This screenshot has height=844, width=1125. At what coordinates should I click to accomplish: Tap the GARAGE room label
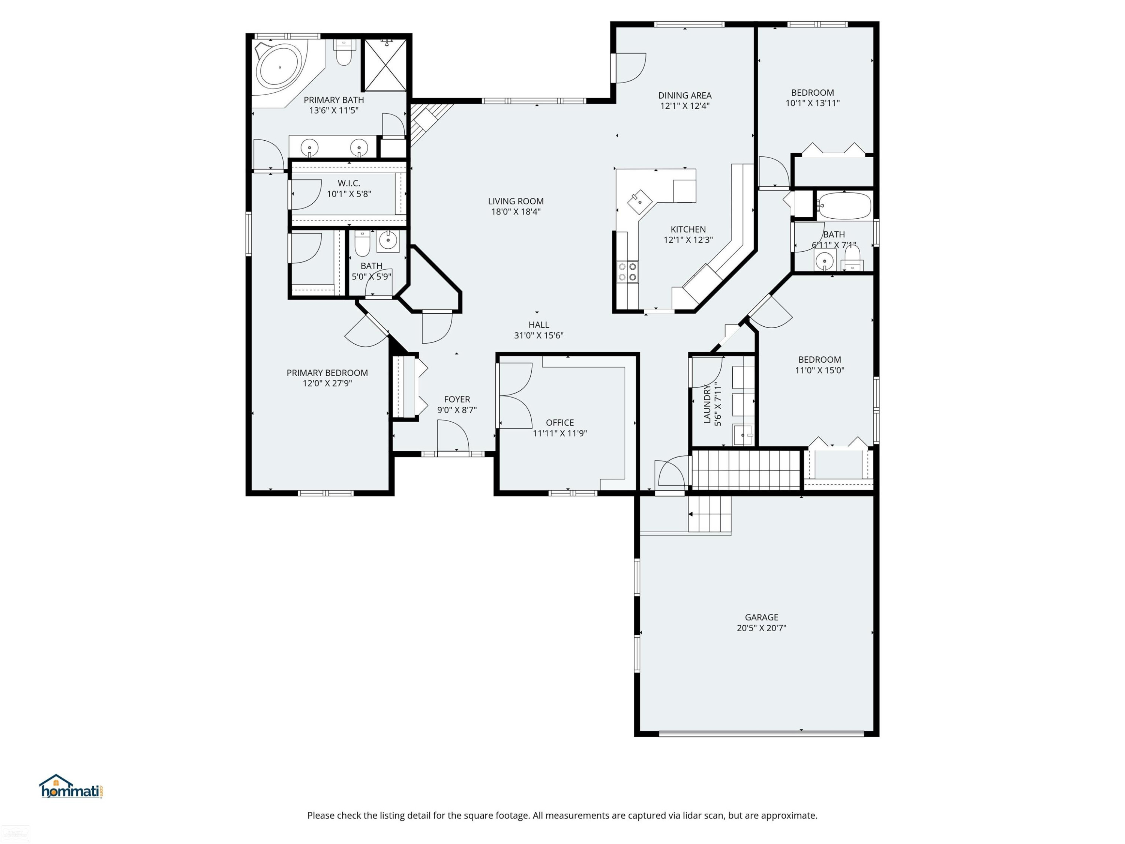coord(761,617)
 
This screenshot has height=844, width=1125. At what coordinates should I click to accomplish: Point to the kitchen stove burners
coord(627,271)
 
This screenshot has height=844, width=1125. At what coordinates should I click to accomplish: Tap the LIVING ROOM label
coord(516,201)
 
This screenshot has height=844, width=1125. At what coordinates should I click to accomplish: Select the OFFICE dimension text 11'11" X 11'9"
coord(559,434)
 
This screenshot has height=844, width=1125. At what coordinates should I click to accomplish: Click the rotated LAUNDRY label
coord(707,404)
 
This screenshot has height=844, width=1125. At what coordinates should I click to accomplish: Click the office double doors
coord(515,395)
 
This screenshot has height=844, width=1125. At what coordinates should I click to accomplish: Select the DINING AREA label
coord(684,95)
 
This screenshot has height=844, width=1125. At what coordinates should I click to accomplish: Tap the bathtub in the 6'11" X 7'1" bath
coord(844,206)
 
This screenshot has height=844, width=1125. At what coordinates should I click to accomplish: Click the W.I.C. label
coord(349,183)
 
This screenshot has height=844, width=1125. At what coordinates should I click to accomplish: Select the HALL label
coord(538,324)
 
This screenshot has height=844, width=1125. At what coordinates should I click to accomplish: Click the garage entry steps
coord(709,514)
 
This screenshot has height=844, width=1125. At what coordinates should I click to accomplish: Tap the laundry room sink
coord(744,436)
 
